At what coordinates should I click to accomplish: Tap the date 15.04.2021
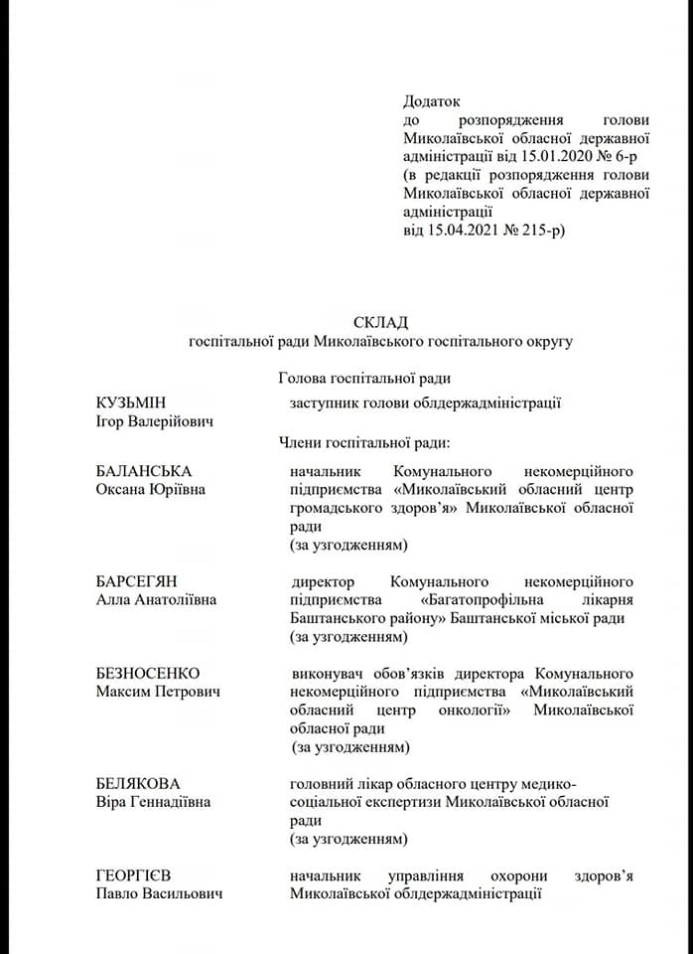[x=460, y=230]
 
